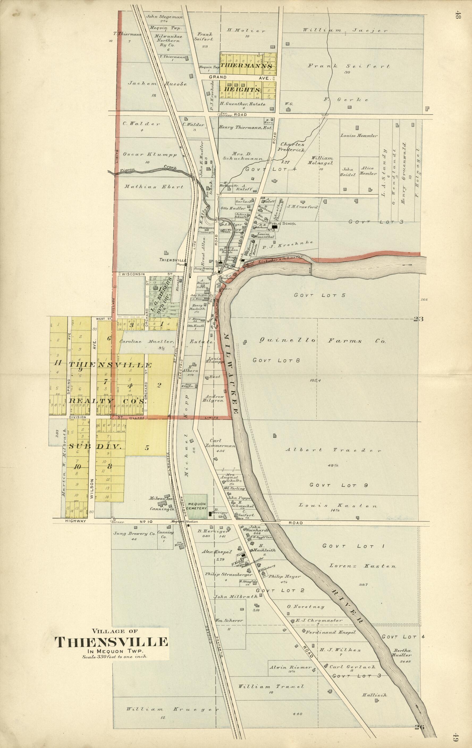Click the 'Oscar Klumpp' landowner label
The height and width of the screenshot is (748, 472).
(x=149, y=154)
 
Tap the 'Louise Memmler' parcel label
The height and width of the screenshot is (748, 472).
(x=359, y=136)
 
